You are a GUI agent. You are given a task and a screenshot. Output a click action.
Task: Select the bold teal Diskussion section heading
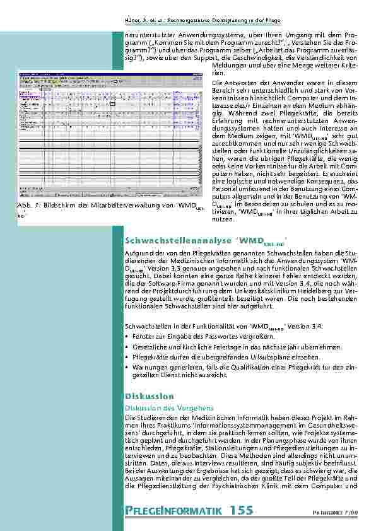[x=150, y=396]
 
